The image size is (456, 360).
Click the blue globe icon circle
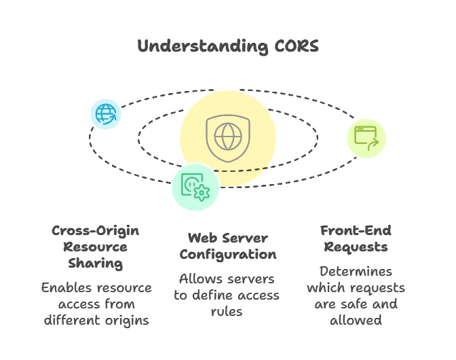click(x=106, y=113)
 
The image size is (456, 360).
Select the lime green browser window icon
click(x=366, y=139)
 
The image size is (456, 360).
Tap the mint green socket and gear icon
click(x=195, y=187)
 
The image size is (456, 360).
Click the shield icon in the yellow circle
click(x=228, y=138)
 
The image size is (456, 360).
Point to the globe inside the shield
click(x=228, y=136)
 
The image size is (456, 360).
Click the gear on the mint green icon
click(x=202, y=193)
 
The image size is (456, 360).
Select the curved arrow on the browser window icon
click(x=371, y=144)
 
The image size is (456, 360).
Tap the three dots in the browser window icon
click(x=360, y=129)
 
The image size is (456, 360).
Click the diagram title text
click(x=227, y=46)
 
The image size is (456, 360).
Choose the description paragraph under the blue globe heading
click(x=95, y=303)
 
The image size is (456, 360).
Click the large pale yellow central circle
click(x=258, y=115)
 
